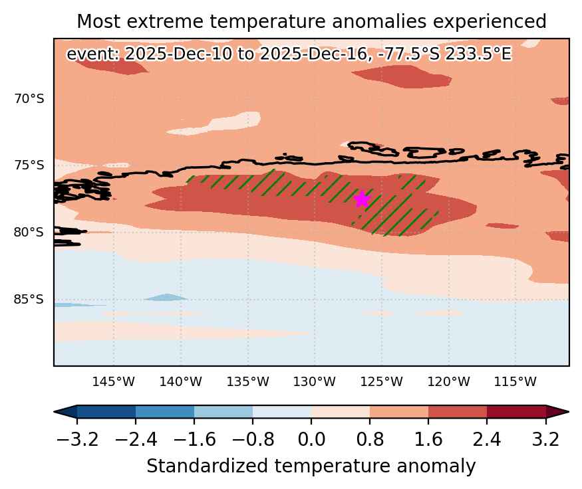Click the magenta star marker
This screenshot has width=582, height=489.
point(362,199)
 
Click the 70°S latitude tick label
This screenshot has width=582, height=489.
point(29,99)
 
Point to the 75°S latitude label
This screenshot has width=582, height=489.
point(29,165)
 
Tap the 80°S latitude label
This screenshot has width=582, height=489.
point(29,232)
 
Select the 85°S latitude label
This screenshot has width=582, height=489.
point(29,299)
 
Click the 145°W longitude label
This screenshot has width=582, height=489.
point(114,381)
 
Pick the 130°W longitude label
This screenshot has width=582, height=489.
point(315,381)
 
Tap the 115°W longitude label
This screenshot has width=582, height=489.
point(515,381)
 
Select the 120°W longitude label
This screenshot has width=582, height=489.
point(448,381)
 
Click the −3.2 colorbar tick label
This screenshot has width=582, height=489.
point(77,440)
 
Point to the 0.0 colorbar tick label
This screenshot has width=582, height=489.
point(311,440)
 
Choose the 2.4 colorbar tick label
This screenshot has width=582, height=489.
point(487,440)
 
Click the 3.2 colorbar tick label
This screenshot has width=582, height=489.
point(545,440)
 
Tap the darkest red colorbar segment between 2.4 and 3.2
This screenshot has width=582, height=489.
point(516,412)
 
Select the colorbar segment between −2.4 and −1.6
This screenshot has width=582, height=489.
point(165,412)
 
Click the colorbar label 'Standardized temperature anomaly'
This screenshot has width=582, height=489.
point(311,466)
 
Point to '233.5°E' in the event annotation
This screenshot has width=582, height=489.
point(478,54)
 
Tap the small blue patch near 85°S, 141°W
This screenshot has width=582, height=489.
point(166,297)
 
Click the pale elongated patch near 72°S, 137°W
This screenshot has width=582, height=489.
point(214,124)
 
